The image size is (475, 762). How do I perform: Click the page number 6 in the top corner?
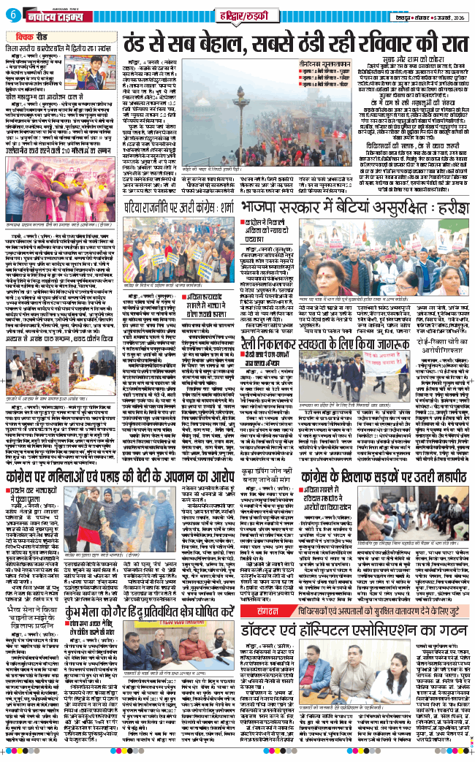(x=12, y=15)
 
